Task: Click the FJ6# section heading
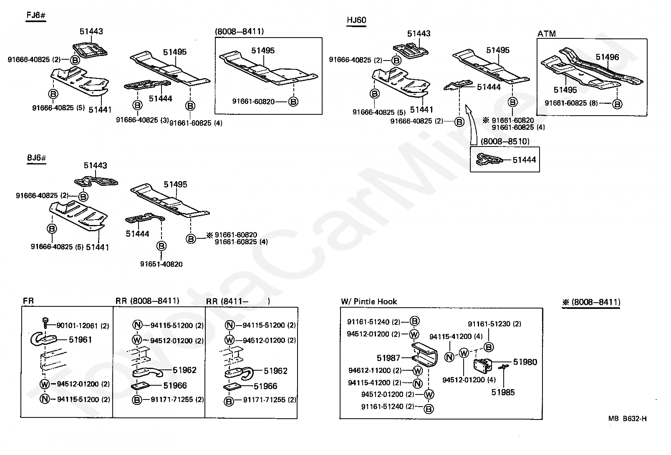pos(35,16)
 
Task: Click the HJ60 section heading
pos(356,20)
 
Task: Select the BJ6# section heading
pos(36,159)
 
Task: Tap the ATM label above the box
pos(546,34)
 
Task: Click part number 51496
pos(607,57)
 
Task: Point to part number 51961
pos(80,340)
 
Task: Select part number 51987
pos(388,358)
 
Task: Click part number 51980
pos(525,362)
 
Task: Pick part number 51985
pos(503,392)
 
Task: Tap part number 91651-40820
pos(161,264)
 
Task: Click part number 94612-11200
pos(369,370)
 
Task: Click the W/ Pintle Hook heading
pos(369,301)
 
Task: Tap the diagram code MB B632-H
pos(627,419)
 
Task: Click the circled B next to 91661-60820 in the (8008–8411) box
pos(293,101)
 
